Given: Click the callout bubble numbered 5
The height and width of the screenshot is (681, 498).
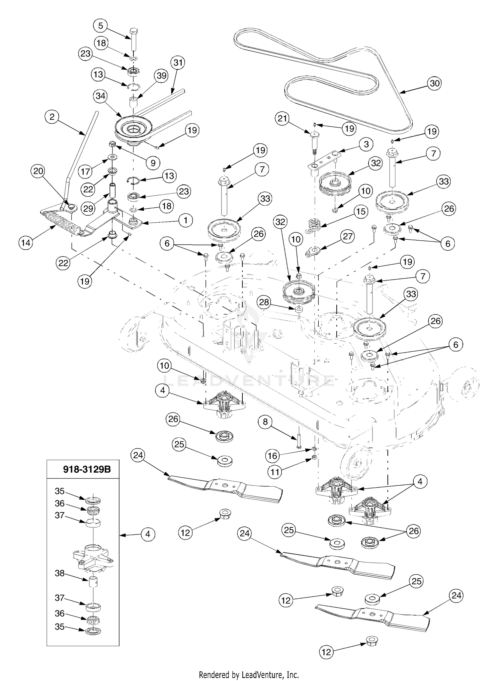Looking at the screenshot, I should pos(101,26).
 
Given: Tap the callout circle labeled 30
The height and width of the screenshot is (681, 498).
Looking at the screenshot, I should pos(435,83).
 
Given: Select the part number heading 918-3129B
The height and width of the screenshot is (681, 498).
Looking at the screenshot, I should pos(87,469).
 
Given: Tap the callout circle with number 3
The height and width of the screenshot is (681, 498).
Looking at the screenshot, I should pos(366,144).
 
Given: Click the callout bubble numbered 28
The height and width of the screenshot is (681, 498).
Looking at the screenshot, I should pos(264,303).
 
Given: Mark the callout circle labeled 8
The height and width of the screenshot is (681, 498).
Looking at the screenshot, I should pos(265,422).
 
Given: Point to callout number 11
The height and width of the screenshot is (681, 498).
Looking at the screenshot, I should pos(275,472).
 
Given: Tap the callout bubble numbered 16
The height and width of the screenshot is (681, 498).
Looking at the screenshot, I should pos(272,456).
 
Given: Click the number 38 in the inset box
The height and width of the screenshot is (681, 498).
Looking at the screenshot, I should pos(60,573).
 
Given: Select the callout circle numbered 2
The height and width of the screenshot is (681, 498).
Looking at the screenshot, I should pos(52,117).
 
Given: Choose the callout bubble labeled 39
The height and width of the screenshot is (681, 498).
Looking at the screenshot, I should pos(162,76).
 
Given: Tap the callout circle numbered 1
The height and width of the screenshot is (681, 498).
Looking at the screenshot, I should pos(186,220).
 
